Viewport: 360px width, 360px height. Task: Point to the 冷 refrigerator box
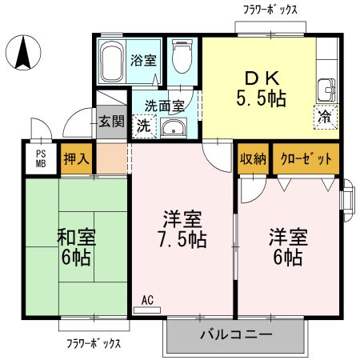coord(325,117)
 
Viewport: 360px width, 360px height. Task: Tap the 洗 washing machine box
coord(143,125)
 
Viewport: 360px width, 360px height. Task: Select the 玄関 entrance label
coord(111,122)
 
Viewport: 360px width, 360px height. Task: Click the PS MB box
coord(40,159)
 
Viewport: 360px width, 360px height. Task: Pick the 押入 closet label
coord(76,159)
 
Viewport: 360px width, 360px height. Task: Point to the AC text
coord(147,301)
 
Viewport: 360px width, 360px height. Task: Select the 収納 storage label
coord(254,159)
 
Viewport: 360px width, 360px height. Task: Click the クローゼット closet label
coord(306,159)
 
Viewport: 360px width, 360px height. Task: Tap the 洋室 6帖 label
coord(286,247)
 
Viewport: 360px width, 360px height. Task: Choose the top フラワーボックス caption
coord(270,10)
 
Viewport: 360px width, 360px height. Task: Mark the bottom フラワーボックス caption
coord(94,343)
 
